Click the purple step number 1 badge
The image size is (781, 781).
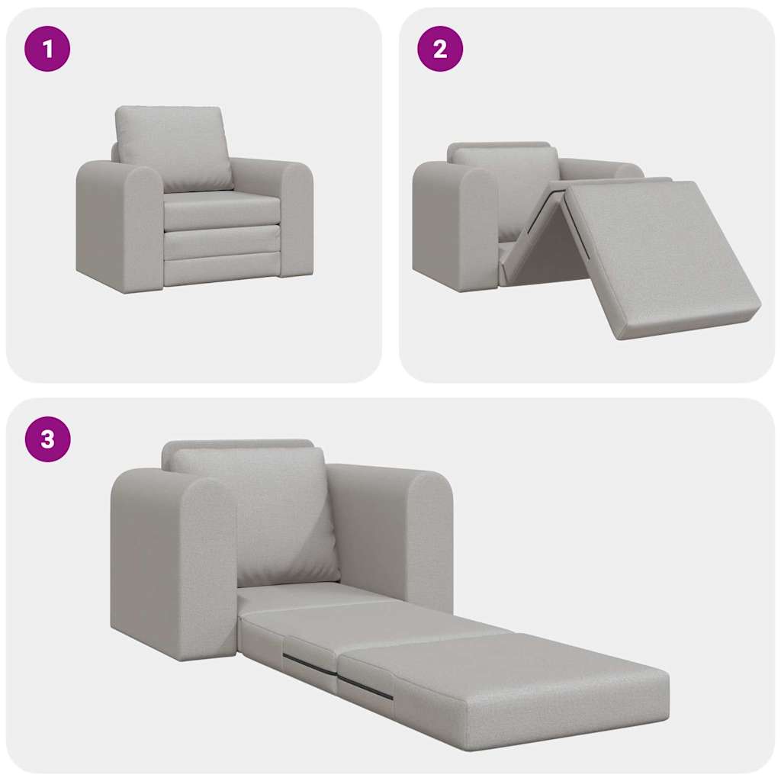47,49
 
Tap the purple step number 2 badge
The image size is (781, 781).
440,49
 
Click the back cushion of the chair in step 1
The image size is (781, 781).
172,146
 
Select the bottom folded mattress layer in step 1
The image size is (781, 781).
221,272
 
